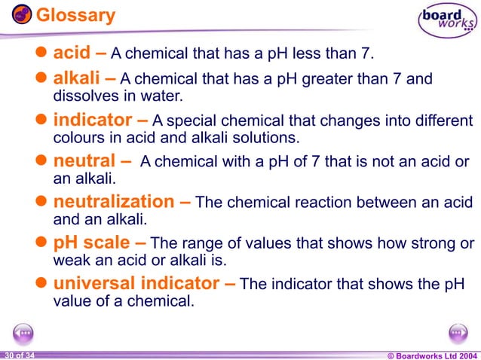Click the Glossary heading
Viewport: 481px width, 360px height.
pyautogui.click(x=76, y=14)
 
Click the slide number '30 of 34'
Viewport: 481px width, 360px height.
pyautogui.click(x=18, y=354)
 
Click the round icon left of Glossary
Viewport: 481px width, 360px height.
pyautogui.click(x=22, y=14)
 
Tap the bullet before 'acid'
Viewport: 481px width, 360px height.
pyautogui.click(x=43, y=55)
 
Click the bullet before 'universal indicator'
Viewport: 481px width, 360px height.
pyautogui.click(x=43, y=284)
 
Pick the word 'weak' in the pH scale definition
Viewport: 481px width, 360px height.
pyautogui.click(x=69, y=261)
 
